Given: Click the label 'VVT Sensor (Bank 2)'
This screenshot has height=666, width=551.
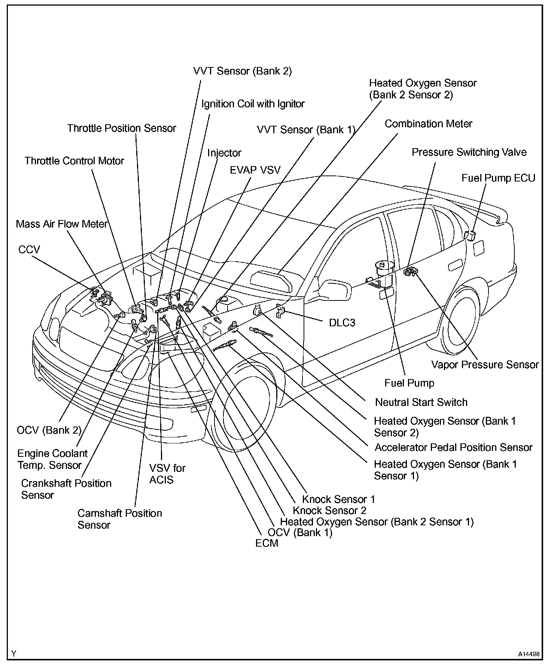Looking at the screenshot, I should coord(242,71).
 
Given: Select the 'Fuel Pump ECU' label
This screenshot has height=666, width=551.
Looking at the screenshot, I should coord(498,178).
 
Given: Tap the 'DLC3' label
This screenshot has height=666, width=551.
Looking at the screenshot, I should coord(342,323).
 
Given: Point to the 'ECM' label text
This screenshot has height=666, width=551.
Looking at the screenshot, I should coord(267,543).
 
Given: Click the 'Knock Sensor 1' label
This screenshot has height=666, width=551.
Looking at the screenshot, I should coord(338,499).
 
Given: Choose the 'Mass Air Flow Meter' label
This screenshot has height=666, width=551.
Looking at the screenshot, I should coord(62,224).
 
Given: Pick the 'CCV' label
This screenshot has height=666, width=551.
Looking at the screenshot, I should coord(29,250).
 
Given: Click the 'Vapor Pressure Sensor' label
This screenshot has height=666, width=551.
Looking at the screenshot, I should coord(485,364).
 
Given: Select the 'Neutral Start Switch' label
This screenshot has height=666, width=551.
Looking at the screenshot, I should coord(421,402).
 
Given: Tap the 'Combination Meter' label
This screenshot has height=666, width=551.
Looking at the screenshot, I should coord(428,124).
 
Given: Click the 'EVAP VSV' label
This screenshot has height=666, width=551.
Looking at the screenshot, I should coord(255,170).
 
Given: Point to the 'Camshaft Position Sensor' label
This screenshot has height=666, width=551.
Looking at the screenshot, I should coord(119,519).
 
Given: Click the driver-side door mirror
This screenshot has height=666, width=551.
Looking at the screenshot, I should coord(334,290).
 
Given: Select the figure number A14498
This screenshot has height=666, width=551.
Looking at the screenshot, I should coord(529,654).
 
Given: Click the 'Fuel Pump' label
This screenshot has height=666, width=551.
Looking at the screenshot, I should coord(409,383).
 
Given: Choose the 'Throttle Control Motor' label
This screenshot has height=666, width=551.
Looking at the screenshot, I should coord(74,161).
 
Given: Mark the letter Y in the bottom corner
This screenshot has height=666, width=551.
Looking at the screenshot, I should coord(14,654).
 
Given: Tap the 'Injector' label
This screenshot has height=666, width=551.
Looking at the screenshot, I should coord(224,153).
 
